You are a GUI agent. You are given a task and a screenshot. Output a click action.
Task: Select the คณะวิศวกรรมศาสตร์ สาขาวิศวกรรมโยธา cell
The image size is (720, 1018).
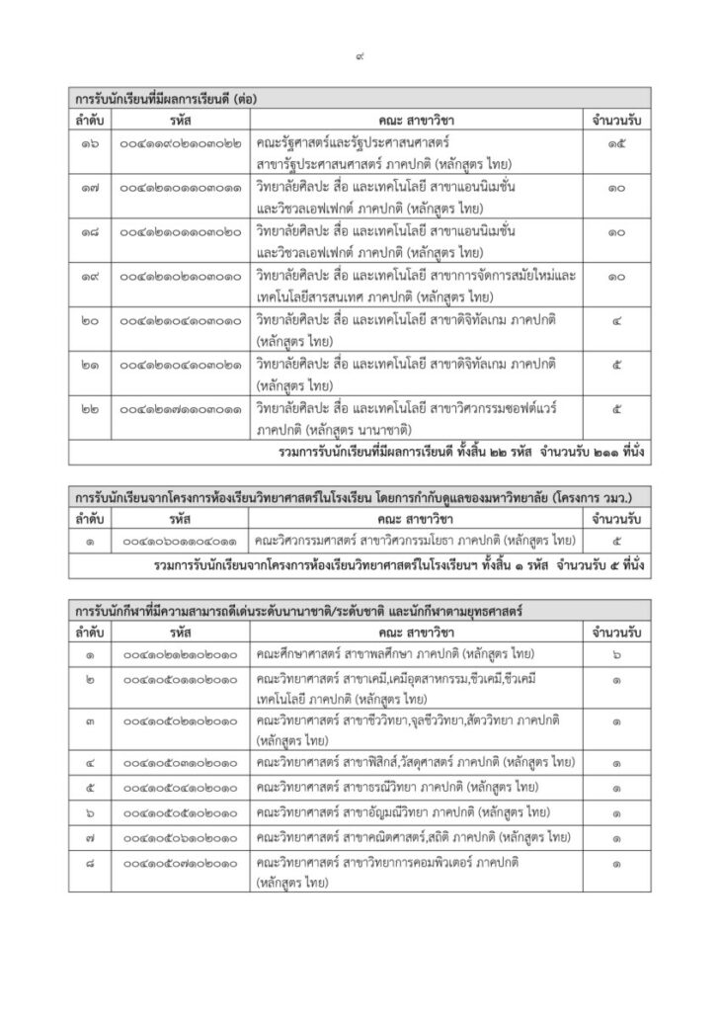coord(414,541)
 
